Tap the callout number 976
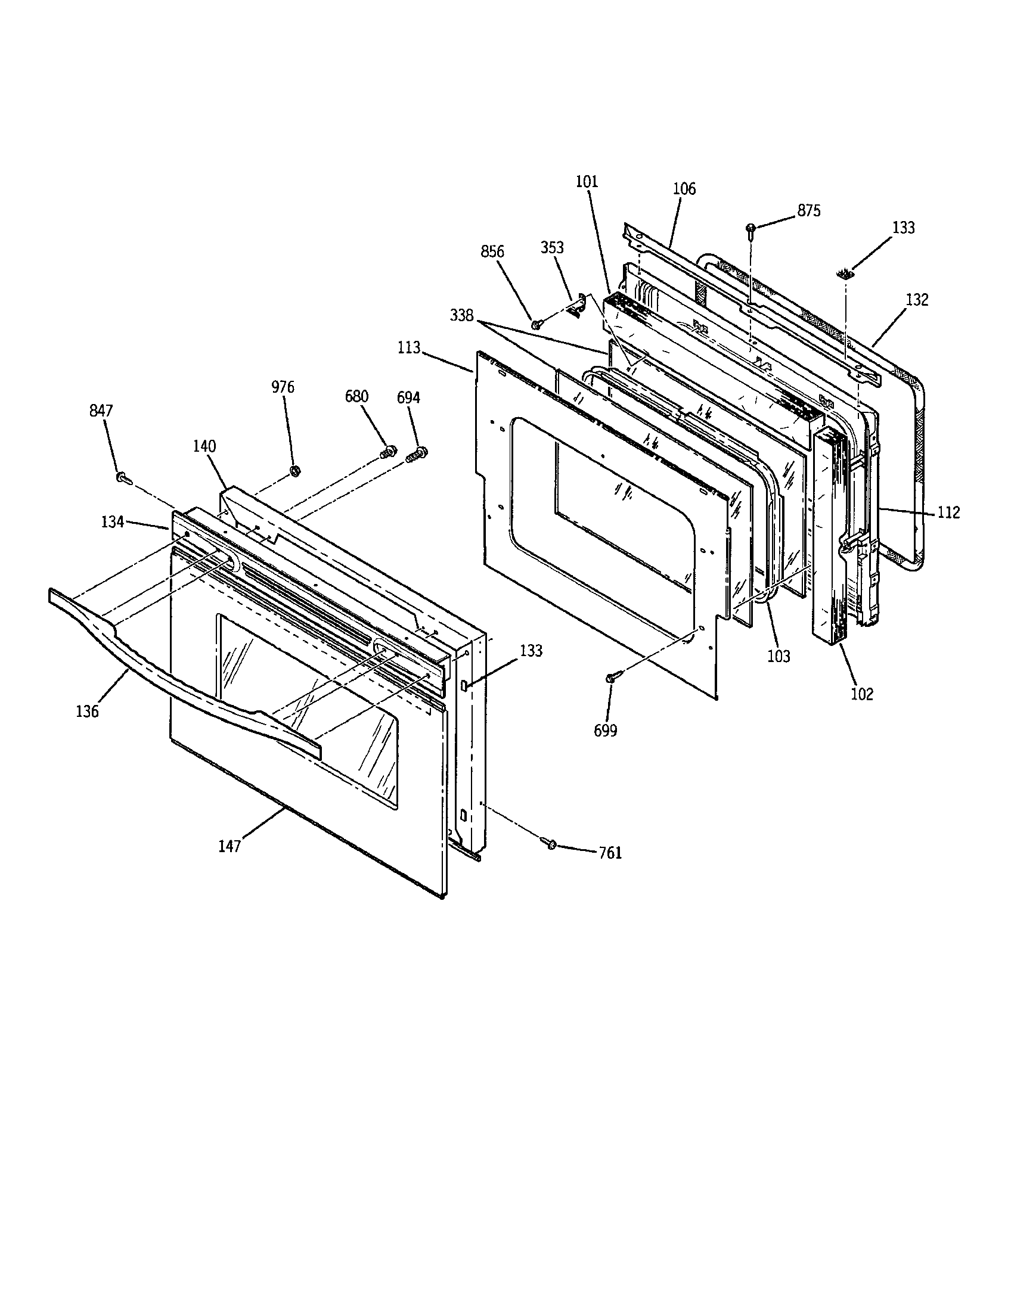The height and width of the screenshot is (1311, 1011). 283,387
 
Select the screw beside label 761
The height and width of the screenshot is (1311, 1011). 550,844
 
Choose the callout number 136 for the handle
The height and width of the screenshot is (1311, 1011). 87,712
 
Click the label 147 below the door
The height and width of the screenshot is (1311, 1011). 230,846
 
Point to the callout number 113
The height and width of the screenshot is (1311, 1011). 409,347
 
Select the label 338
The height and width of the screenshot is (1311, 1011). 461,316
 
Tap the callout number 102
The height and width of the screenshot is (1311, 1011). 862,694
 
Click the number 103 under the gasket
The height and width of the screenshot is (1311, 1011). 779,656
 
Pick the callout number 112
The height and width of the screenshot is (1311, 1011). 948,512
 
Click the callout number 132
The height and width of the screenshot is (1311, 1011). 917,300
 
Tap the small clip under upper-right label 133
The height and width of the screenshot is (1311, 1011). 845,275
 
